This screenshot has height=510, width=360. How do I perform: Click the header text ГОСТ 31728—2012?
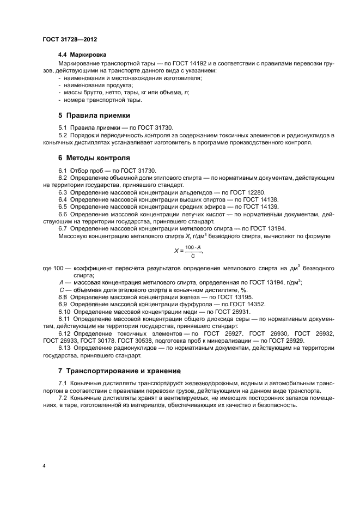70,40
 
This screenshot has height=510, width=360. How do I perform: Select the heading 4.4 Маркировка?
82,56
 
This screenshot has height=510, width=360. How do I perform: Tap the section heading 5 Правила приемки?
94,116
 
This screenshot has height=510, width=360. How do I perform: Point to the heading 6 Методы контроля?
94,158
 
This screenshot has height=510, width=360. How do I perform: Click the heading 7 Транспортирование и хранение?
119,371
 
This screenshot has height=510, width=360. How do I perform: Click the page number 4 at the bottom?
44,466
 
